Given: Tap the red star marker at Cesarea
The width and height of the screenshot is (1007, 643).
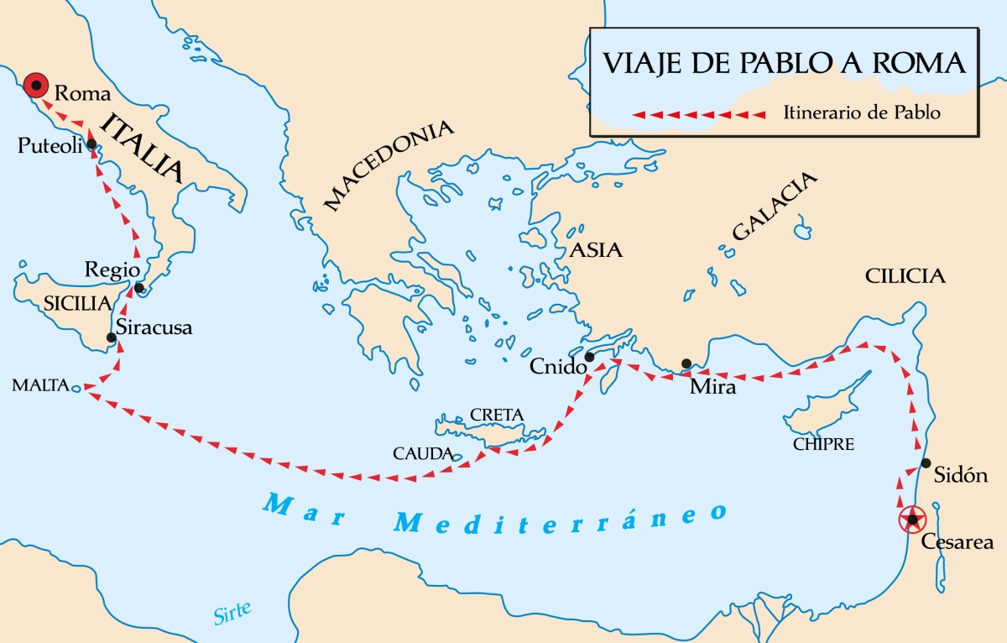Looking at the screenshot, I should pyautogui.click(x=911, y=520).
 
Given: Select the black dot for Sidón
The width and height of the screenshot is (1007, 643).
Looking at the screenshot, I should pyautogui.click(x=926, y=463).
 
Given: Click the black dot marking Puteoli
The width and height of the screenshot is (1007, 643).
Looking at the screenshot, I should pyautogui.click(x=91, y=144).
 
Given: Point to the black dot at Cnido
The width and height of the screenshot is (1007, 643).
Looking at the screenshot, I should pyautogui.click(x=589, y=357).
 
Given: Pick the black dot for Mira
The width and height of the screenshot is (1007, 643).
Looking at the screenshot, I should pyautogui.click(x=686, y=363).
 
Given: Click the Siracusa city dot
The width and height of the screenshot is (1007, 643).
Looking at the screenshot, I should pyautogui.click(x=111, y=338).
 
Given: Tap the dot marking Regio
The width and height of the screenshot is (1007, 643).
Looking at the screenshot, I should pyautogui.click(x=138, y=289).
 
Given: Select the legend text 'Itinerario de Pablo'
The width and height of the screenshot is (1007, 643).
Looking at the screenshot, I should pyautogui.click(x=862, y=112).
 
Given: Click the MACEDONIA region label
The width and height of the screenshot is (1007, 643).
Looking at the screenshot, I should pyautogui.click(x=389, y=165).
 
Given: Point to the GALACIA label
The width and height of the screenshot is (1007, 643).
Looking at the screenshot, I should pyautogui.click(x=774, y=206).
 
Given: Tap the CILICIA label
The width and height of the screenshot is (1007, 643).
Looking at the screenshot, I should pyautogui.click(x=905, y=276).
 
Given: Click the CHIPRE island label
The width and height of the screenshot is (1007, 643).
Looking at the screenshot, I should pyautogui.click(x=823, y=444).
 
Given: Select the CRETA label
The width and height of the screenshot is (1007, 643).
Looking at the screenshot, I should pyautogui.click(x=497, y=414).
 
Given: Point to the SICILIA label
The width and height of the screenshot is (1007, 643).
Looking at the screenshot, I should pyautogui.click(x=77, y=303).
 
